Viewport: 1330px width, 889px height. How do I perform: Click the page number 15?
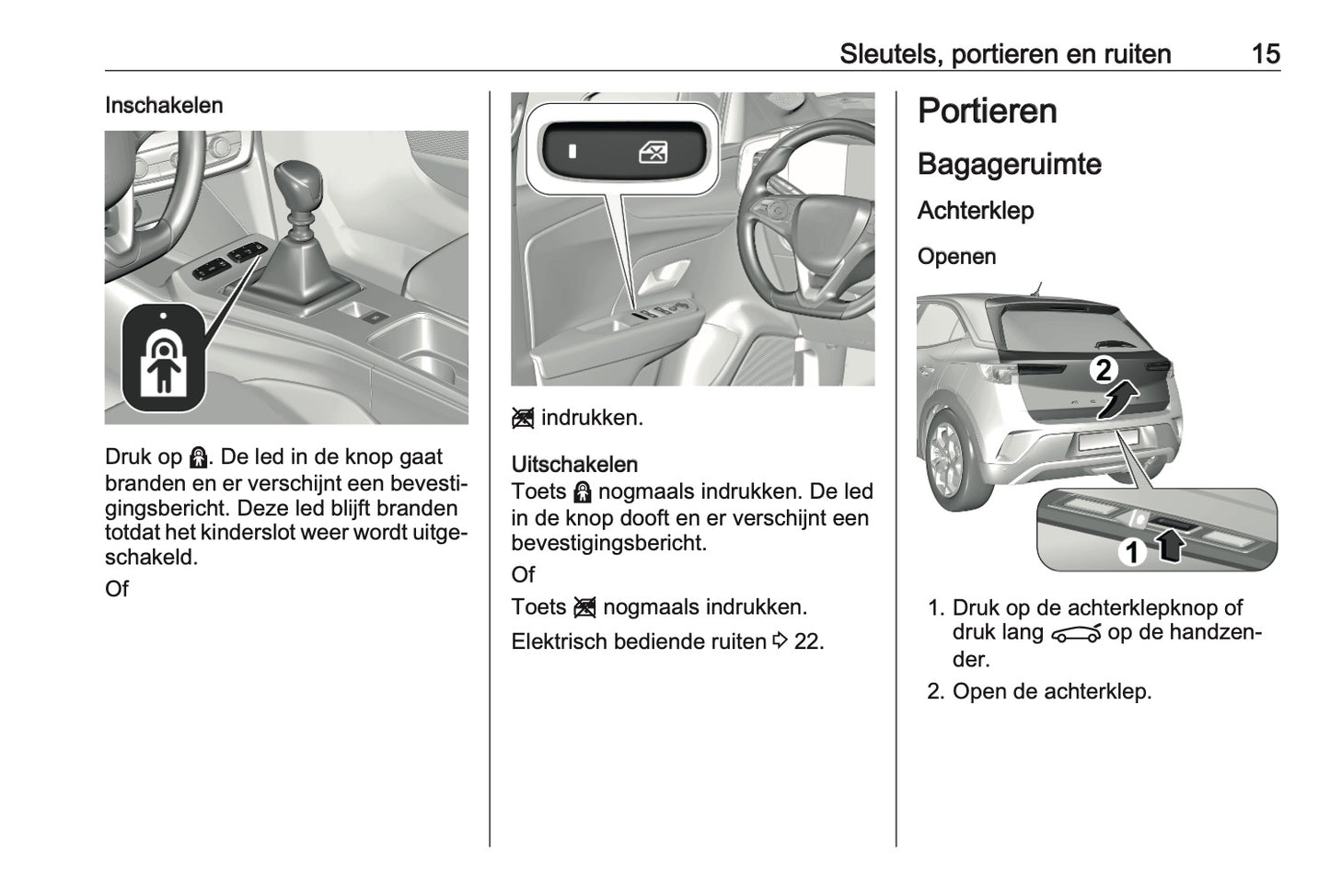tap(1265, 54)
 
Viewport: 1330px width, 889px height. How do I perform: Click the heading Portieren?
tap(987, 111)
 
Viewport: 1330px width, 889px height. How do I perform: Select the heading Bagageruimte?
tap(1009, 165)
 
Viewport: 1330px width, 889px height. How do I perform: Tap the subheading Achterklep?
tap(975, 211)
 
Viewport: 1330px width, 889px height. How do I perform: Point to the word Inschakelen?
tap(164, 106)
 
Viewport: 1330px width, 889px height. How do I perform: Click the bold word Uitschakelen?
tap(574, 465)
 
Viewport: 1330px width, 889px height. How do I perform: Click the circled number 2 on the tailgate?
tap(1103, 370)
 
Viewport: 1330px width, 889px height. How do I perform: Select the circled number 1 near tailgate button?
tap(1132, 551)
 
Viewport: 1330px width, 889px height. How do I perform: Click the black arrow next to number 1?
tap(1169, 548)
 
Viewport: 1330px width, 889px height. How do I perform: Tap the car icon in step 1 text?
tap(1075, 634)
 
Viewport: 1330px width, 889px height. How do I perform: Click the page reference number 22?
tap(807, 641)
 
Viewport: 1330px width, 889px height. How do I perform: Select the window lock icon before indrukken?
tap(523, 419)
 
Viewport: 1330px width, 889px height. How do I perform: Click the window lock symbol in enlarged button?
tap(653, 152)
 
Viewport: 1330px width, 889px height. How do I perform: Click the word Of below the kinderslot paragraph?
tap(117, 589)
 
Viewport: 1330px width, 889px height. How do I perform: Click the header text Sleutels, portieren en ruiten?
tap(1004, 54)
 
